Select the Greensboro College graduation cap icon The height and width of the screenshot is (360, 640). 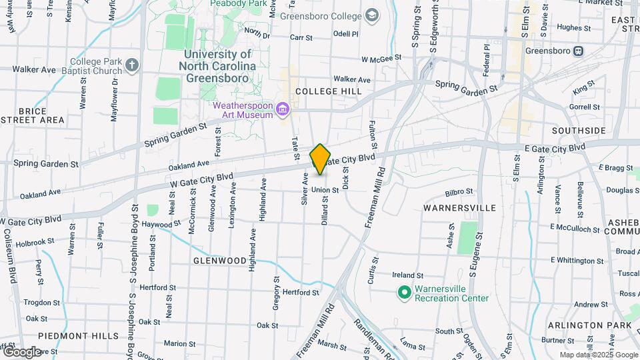click(x=371, y=15)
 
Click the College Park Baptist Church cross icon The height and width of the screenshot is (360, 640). click(x=132, y=65)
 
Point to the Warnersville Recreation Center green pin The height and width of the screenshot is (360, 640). click(x=403, y=292)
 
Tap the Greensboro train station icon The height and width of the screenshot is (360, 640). click(x=578, y=51)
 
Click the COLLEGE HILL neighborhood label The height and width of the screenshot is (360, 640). click(x=329, y=91)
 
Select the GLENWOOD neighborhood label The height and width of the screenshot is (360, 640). click(x=220, y=261)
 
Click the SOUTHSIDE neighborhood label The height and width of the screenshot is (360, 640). click(x=579, y=130)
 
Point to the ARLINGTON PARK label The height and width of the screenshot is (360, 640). click(x=589, y=325)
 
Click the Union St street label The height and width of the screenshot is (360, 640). click(x=325, y=190)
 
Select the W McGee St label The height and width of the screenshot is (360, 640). click(x=381, y=58)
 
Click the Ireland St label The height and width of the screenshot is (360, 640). click(x=407, y=275)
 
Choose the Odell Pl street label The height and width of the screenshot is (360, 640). click(x=345, y=33)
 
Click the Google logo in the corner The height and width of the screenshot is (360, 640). click(x=21, y=351)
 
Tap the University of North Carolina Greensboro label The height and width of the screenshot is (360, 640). click(x=217, y=65)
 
